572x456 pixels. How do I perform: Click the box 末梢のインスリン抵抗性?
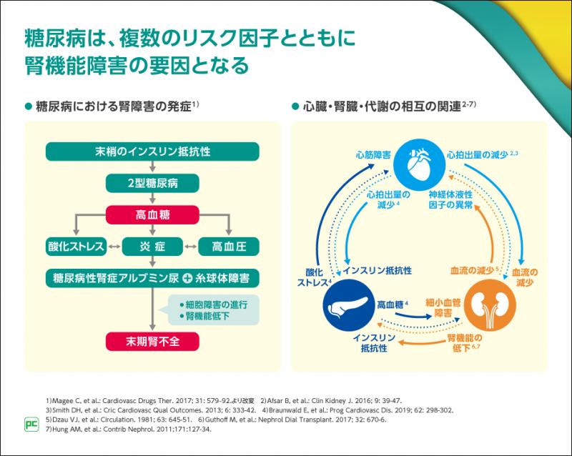(x=152, y=152)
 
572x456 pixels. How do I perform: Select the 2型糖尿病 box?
(x=152, y=182)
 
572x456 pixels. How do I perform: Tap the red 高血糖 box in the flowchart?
(x=152, y=214)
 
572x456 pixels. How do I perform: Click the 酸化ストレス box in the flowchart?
(x=74, y=246)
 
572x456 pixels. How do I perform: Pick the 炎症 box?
(x=152, y=246)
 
